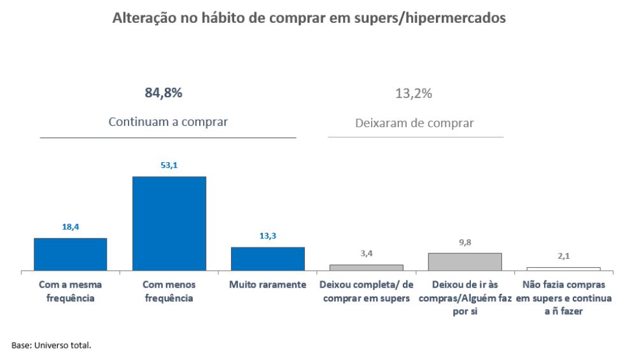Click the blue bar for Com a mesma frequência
pos(70,254)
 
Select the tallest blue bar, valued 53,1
pos(169,224)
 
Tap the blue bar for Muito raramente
pos(268,259)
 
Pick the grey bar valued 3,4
pos(367,268)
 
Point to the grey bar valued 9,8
pos(465,262)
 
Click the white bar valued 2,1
pos(563,269)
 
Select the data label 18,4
pos(70,227)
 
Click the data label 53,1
pos(169,165)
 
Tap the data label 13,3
pos(268,236)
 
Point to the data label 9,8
pos(465,242)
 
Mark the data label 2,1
pos(563,256)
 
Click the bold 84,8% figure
pos(164,93)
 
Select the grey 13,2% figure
pos(414,93)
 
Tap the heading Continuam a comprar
pos(168,121)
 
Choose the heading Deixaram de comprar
pos(414,123)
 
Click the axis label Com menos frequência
pos(169,291)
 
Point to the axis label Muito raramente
pos(268,284)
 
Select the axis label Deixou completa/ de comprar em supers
pos(367,291)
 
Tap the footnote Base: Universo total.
pos(51,345)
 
